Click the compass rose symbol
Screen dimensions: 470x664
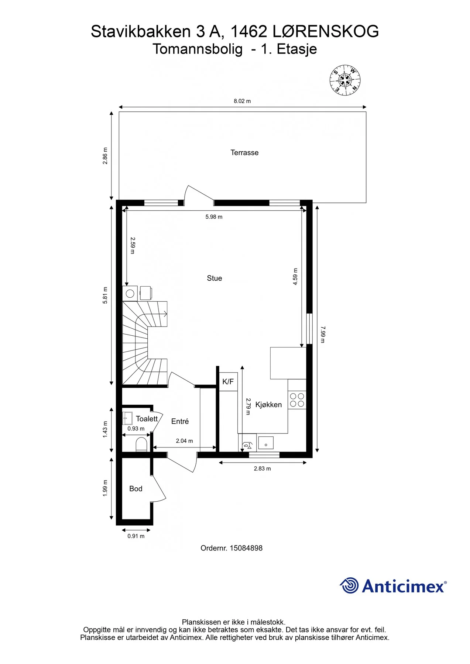pos(345,80)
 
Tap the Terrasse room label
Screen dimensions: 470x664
pos(244,153)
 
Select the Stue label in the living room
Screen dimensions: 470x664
pos(215,279)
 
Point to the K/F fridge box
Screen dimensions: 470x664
pos(228,382)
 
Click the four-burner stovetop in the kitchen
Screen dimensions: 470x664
pos(297,400)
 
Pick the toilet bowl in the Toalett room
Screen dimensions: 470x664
pos(141,445)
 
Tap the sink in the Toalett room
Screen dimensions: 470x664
pos(127,418)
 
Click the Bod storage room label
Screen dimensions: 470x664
pos(136,489)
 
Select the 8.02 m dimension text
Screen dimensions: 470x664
pos(242,101)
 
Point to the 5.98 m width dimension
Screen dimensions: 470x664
pos(214,217)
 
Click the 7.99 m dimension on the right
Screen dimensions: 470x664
pos(322,335)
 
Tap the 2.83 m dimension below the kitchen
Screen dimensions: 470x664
pos(263,468)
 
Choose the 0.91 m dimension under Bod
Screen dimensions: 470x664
pos(136,536)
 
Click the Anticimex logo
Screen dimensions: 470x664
pos(393,586)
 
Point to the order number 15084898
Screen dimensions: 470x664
pos(231,548)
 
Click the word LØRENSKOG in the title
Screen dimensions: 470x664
pos(326,31)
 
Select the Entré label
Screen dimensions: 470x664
pos(180,421)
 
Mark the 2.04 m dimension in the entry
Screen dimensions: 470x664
pos(184,441)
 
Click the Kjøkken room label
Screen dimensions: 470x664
pos(268,405)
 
